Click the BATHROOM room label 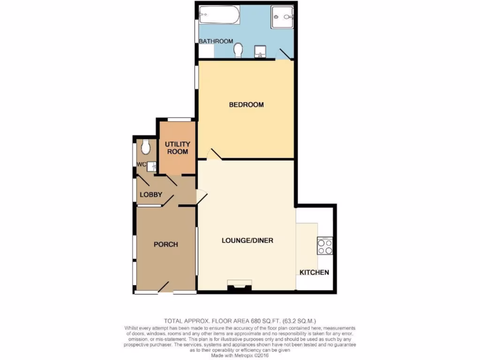tap(216, 41)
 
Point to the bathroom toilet tap(239, 50)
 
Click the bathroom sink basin tap(259, 51)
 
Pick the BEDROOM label tap(246, 105)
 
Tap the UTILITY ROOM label tap(176, 148)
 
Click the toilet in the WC tap(146, 147)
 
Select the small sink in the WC tap(151, 165)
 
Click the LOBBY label tap(151, 195)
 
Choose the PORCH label tap(166, 244)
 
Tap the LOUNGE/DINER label tap(247, 240)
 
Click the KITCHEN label tap(314, 272)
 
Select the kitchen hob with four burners tap(325, 246)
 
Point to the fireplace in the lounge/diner tap(239, 286)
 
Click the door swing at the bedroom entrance tap(213, 154)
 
